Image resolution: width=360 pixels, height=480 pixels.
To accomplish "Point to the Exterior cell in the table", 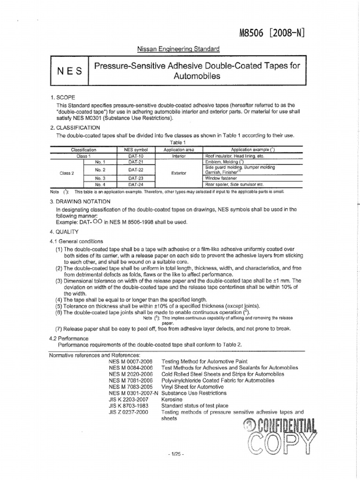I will click(x=179, y=173).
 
